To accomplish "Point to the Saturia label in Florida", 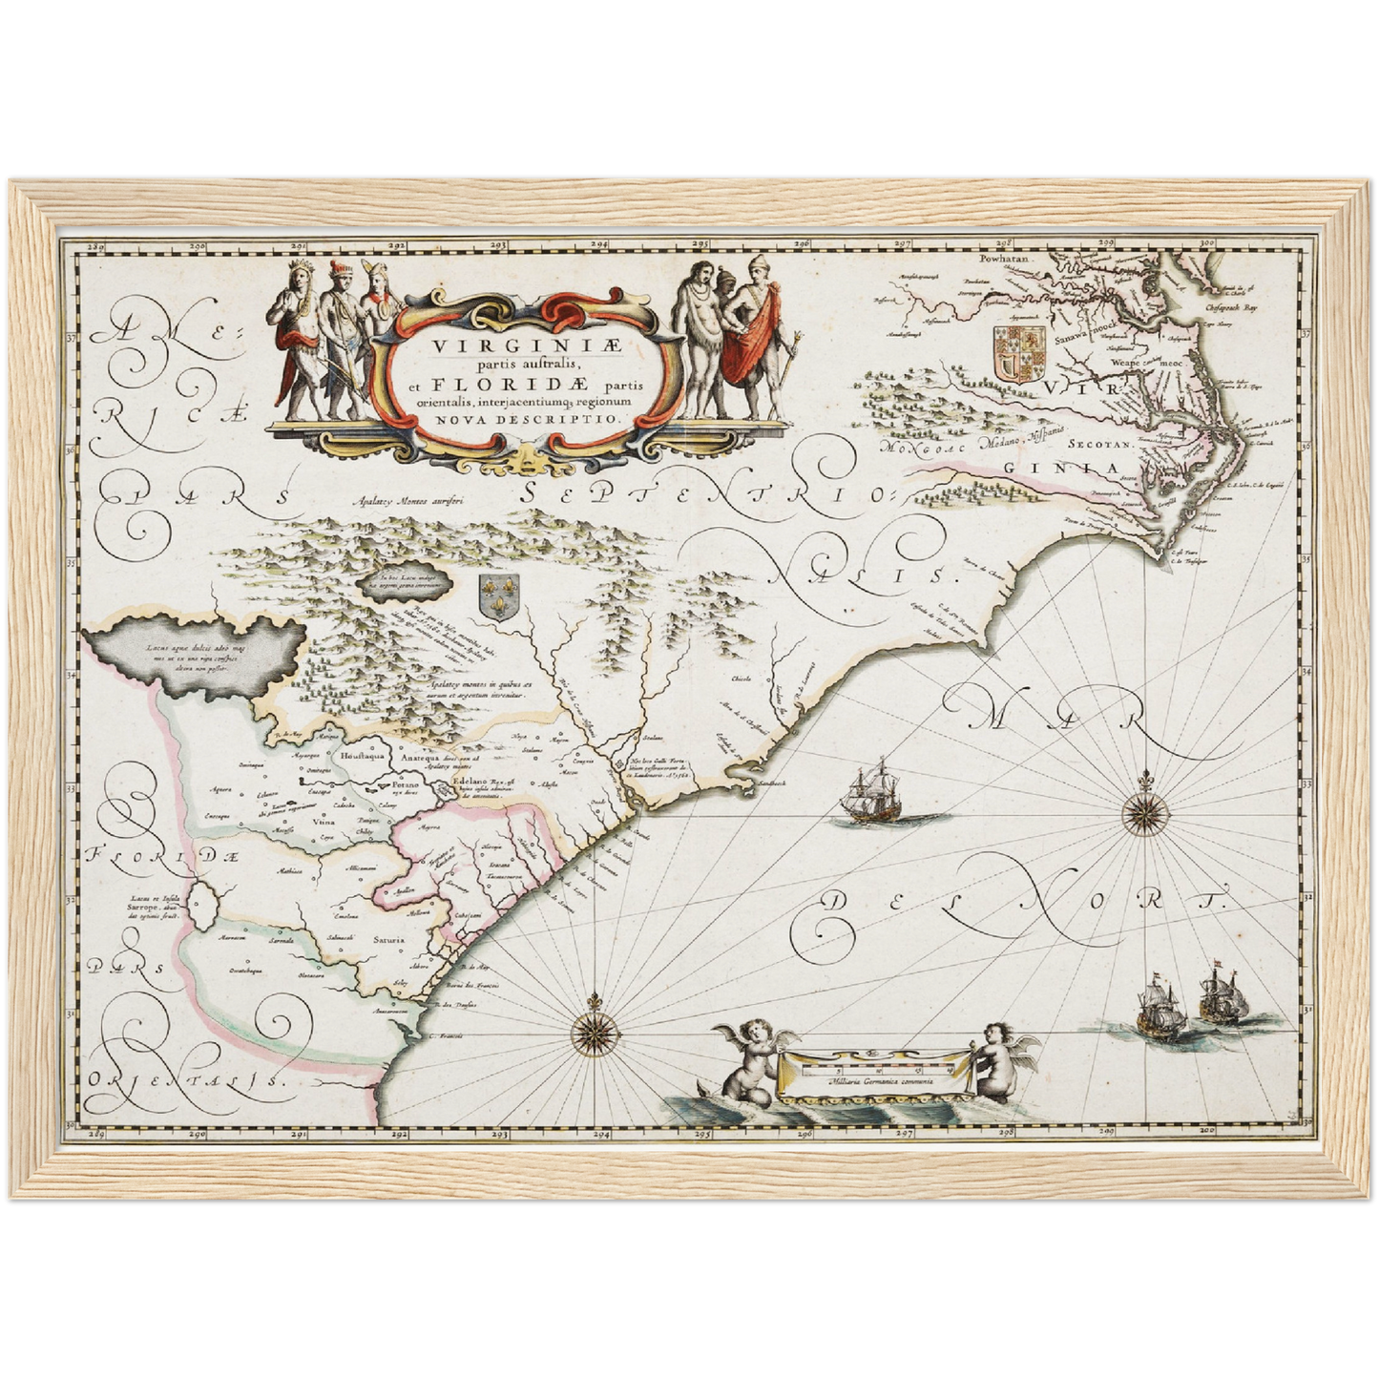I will click(x=388, y=939).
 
